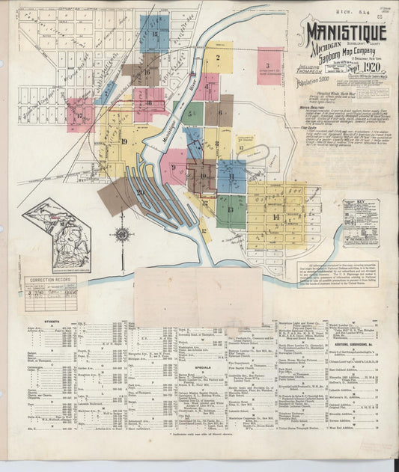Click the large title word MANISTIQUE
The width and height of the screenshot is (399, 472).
(345, 32)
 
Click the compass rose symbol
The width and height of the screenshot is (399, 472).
(122, 234)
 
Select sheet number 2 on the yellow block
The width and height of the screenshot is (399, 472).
(218, 57)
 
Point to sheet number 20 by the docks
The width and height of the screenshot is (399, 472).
(140, 191)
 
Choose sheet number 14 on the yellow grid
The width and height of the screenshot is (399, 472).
(276, 217)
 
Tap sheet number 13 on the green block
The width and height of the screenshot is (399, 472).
(230, 209)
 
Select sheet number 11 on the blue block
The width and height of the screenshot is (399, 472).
(232, 177)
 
